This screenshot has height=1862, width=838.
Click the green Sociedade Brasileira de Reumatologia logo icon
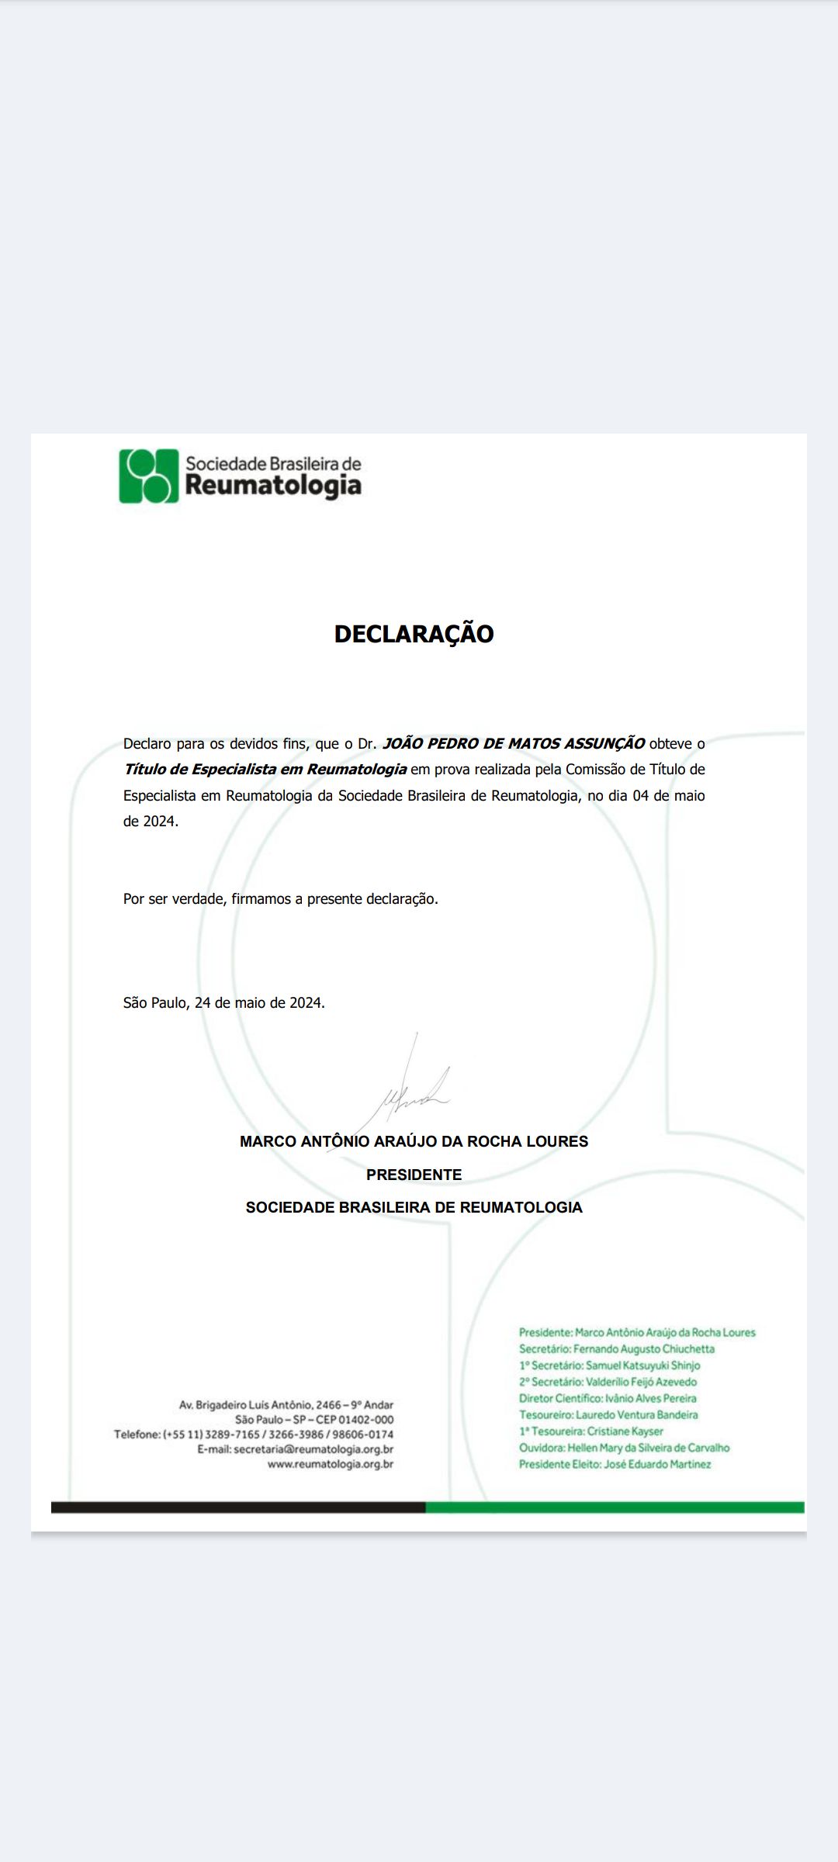148,476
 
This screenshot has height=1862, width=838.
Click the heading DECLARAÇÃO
414,634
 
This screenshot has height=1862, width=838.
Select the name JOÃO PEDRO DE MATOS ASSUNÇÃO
513,743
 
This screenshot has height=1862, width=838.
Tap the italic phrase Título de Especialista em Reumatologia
265,769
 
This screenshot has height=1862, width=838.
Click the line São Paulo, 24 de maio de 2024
223,1002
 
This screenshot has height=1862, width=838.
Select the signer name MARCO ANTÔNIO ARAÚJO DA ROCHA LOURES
414,1141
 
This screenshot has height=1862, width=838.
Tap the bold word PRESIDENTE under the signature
414,1175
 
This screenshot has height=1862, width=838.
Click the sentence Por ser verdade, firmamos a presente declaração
280,898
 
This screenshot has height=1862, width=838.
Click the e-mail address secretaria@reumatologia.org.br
313,1449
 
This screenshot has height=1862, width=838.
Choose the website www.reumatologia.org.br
330,1464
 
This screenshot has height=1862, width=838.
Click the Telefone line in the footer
254,1435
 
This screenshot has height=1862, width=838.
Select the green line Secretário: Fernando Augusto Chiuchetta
616,1349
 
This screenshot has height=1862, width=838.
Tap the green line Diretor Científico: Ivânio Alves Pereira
608,1398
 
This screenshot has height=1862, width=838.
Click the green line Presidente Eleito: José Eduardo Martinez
615,1464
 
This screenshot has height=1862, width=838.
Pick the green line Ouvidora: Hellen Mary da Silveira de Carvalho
624,1448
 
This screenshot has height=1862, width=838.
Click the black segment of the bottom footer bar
237,1507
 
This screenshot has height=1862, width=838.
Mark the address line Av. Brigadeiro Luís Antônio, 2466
286,1405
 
